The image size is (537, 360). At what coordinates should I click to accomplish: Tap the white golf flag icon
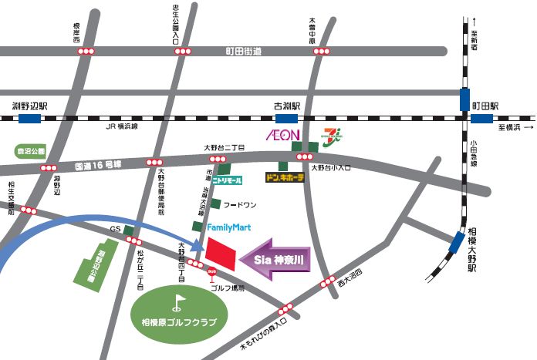[x=180, y=301]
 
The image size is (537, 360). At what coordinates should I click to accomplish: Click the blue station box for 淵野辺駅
[x=32, y=119]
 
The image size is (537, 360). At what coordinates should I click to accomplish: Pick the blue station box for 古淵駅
[x=286, y=119]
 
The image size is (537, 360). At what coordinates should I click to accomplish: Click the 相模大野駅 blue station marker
[x=457, y=244]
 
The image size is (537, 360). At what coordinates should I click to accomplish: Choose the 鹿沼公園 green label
[x=30, y=152]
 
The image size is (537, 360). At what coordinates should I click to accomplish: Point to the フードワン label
[x=238, y=206]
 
